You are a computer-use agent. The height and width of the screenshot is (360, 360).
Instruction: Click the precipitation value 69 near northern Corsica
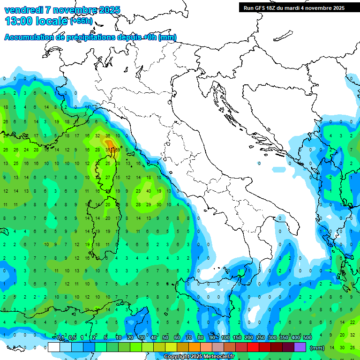point(117,150)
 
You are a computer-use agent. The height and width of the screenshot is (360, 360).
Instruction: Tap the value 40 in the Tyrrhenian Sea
point(149,191)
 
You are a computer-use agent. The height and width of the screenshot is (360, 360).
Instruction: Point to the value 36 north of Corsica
point(108,136)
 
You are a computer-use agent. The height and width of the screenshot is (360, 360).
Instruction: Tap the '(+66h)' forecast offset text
point(82,21)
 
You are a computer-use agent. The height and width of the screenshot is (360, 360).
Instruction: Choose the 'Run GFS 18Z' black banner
point(294,8)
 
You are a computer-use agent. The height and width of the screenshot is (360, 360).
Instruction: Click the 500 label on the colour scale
point(307,338)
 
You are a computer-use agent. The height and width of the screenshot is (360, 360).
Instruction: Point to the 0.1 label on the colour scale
point(60,338)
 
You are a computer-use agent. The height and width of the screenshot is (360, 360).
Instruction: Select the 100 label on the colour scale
point(225,338)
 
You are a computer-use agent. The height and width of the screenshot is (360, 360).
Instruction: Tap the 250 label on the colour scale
point(261,338)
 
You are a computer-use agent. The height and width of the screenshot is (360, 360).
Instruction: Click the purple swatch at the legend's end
point(300,347)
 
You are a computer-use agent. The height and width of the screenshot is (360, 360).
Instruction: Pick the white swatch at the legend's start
point(54,347)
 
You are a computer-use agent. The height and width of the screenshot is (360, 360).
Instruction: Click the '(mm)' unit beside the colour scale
point(317,348)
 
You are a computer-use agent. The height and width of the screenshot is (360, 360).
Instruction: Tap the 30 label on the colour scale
point(142,338)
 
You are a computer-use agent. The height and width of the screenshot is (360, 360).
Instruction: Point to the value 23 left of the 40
point(138,191)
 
